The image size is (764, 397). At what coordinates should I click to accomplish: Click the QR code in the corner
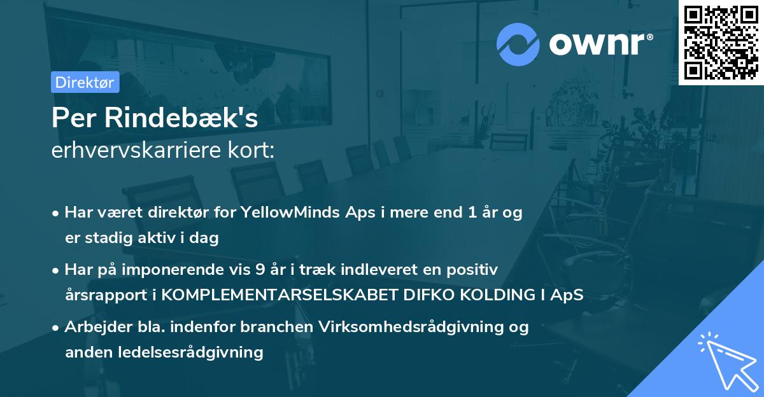[x=721, y=43]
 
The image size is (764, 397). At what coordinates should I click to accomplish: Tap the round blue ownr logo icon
[x=518, y=43]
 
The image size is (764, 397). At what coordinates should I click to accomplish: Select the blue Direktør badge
[x=85, y=82]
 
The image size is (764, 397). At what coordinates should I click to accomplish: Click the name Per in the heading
[x=71, y=118]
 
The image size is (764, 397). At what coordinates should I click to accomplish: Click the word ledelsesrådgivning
[x=191, y=352]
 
